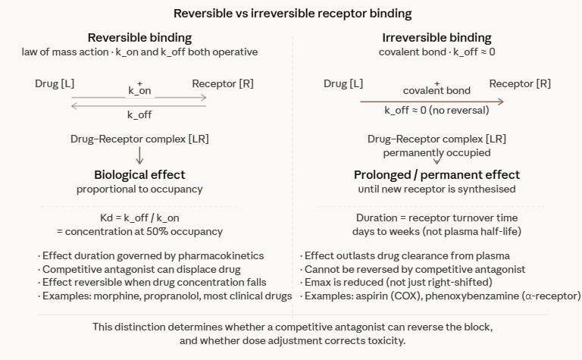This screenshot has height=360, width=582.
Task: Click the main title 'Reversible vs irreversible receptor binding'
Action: pos(291,13)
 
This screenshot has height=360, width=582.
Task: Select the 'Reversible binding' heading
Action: pos(139,37)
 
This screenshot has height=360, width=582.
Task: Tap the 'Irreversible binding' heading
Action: pos(436,37)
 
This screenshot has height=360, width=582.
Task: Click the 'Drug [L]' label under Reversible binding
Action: pos(55,83)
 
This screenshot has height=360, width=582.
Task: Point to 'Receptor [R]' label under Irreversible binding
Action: pos(520,83)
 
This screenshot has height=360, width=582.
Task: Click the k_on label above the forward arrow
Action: pos(139,91)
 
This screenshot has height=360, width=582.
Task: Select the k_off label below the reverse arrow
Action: pos(139,115)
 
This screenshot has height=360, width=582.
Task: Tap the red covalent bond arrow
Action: pos(432,101)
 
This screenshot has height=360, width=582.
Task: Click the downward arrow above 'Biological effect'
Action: pos(139,155)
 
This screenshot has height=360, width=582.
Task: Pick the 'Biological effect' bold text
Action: pos(139,174)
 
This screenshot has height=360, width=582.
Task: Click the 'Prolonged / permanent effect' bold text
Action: pos(436,174)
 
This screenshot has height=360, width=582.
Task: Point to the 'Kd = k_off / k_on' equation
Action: pos(139,217)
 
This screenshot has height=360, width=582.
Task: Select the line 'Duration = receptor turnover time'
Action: pos(436,217)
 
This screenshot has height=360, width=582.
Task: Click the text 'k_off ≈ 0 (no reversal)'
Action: pos(436,111)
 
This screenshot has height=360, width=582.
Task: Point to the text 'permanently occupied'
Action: pos(436,152)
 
